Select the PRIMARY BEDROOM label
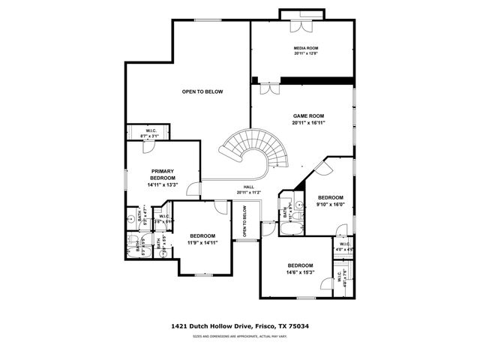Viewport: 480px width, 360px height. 162,174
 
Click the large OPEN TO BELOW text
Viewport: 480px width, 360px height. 202,91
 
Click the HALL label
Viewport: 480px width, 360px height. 247,187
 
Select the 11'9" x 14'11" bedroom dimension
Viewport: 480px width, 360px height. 202,242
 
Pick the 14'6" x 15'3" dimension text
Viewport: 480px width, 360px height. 299,273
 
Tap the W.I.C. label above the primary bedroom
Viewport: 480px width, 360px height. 151,131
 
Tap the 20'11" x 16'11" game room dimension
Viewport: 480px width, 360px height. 308,122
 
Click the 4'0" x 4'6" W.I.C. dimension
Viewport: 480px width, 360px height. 344,250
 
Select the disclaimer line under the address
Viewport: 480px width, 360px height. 240,337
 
